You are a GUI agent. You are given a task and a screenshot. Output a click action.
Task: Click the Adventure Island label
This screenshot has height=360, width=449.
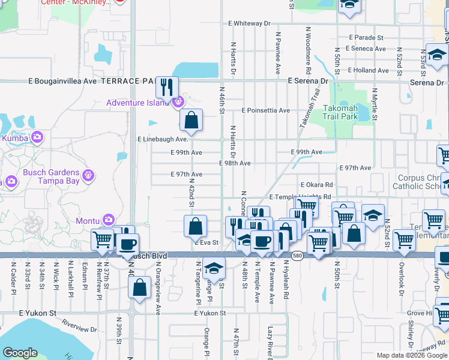[138, 103]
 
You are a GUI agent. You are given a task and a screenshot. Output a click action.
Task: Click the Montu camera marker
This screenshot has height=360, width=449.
[109, 220]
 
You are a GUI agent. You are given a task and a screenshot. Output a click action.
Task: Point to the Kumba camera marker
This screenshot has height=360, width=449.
[37, 137]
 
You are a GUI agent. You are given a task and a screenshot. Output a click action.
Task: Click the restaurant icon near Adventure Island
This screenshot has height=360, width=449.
[166, 87]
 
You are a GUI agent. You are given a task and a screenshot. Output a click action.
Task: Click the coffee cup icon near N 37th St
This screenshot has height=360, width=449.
[127, 244]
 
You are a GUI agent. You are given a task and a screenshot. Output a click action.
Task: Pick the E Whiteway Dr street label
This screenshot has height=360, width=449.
[250, 23]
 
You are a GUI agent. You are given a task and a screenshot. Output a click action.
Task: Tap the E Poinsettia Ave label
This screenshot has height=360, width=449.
[266, 110]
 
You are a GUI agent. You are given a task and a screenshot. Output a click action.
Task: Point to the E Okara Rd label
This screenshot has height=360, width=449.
[317, 185]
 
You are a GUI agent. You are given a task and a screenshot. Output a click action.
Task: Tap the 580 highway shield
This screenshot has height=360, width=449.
[297, 256]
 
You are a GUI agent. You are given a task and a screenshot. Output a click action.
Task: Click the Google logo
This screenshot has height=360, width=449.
[20, 353]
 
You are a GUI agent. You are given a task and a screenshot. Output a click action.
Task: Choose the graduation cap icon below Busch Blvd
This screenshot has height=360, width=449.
[213, 269]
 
